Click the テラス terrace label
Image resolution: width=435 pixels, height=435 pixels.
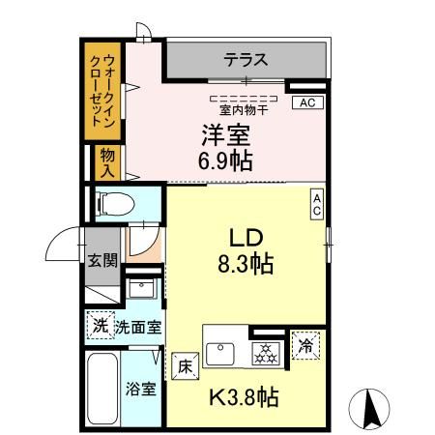click(x=246, y=61)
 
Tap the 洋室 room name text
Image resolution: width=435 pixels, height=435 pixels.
click(x=226, y=134)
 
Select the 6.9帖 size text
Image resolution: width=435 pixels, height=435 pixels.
click(x=227, y=159)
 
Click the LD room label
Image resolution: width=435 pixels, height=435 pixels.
click(x=246, y=238)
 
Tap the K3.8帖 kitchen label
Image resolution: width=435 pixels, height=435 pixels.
click(x=246, y=396)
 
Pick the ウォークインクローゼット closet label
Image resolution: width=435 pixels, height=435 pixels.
click(x=101, y=88)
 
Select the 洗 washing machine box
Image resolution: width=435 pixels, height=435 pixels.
click(x=100, y=326)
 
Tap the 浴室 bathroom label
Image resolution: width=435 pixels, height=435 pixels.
click(x=141, y=390)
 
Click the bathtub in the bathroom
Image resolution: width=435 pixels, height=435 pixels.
click(x=101, y=390)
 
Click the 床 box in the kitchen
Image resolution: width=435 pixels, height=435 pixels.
click(x=186, y=366)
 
